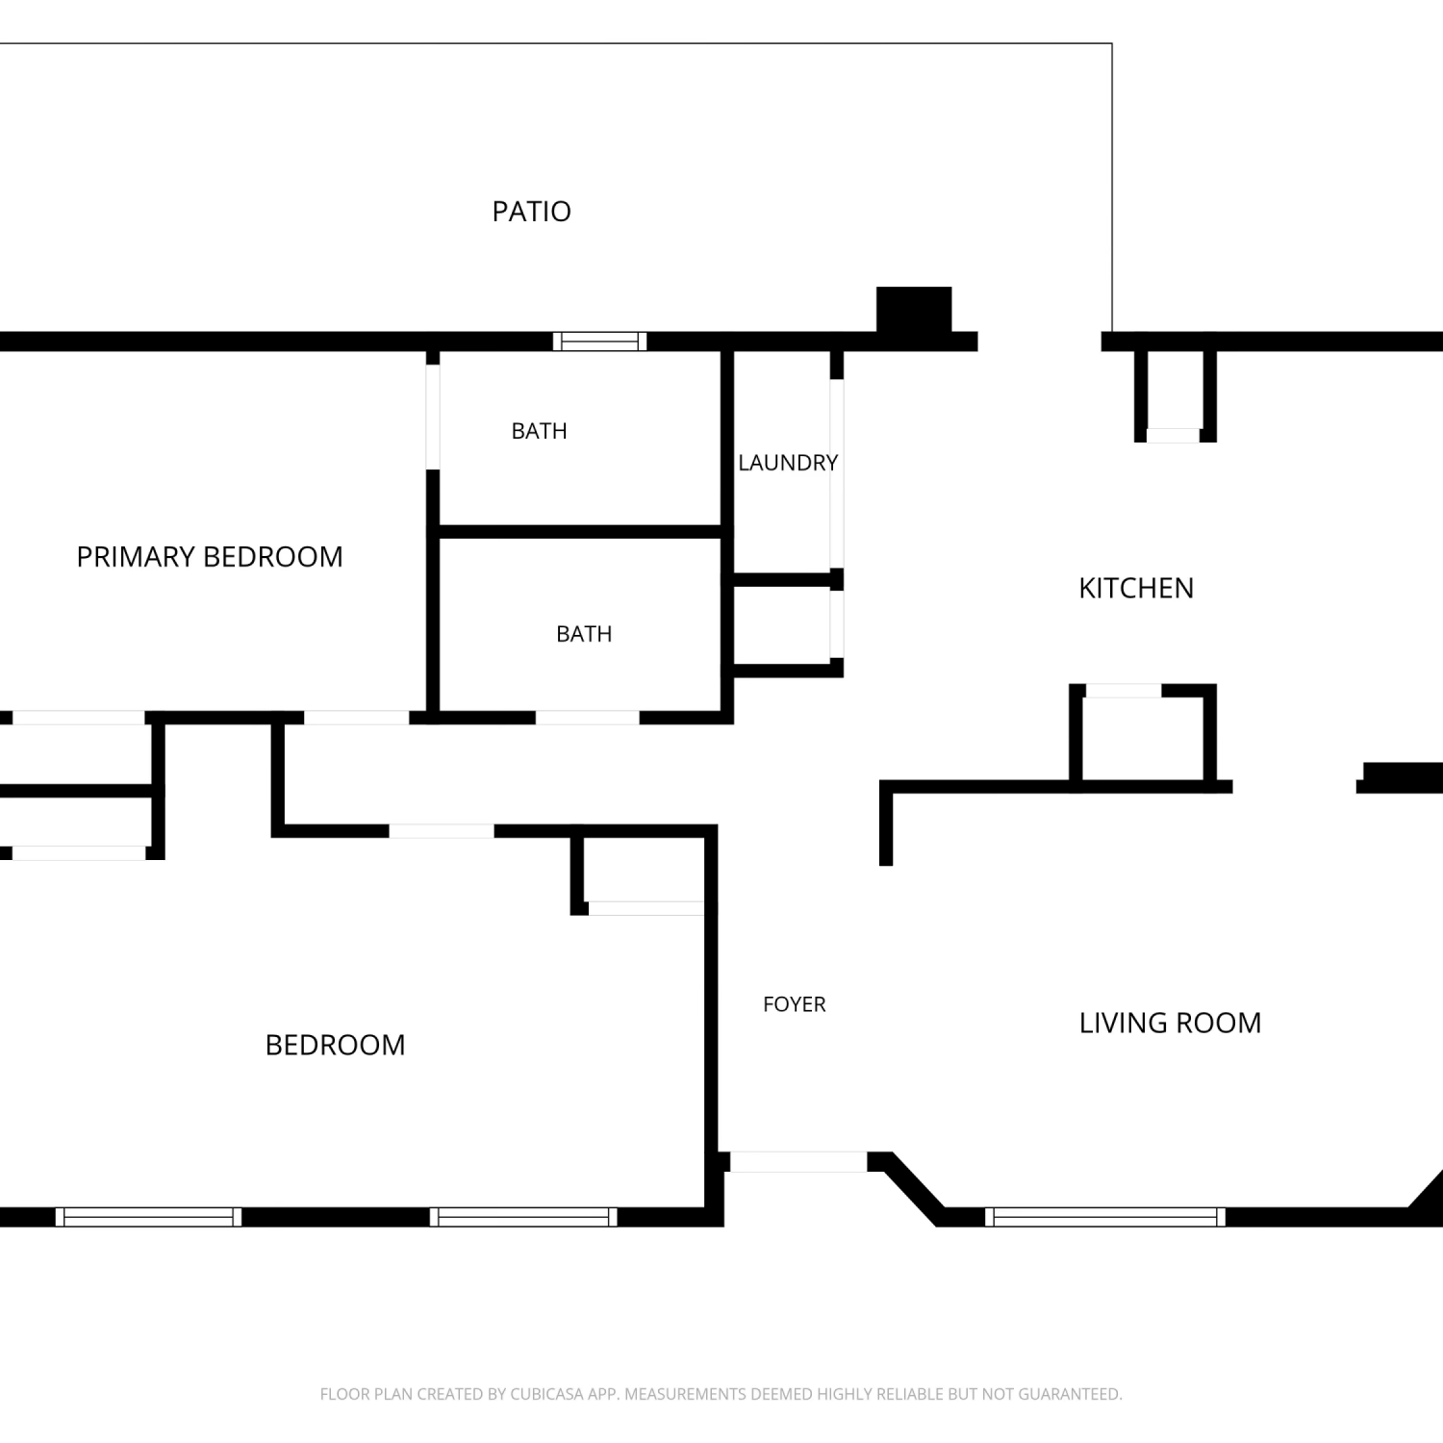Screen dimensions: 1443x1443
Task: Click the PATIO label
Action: (531, 211)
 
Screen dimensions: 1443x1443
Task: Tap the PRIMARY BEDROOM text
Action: (210, 557)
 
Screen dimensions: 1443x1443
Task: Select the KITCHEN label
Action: (1136, 588)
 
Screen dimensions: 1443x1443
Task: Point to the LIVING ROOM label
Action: (1170, 1023)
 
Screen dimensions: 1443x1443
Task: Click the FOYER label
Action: (795, 1004)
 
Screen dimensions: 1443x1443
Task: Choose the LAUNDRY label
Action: (788, 463)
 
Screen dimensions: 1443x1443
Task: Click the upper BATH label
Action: (539, 431)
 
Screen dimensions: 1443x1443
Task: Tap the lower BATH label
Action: (584, 634)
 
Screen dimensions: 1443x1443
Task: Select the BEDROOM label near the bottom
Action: (335, 1045)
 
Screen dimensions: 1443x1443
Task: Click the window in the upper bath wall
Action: (599, 341)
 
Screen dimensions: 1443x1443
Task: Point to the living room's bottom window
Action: (1105, 1217)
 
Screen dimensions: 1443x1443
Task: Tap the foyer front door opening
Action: (798, 1162)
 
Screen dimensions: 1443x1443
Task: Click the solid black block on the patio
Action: (914, 310)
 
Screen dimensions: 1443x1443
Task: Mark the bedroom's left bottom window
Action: (148, 1217)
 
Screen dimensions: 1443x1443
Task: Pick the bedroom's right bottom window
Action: (523, 1217)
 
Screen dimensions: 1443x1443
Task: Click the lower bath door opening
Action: (588, 718)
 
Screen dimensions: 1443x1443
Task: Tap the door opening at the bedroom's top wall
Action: (442, 831)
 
